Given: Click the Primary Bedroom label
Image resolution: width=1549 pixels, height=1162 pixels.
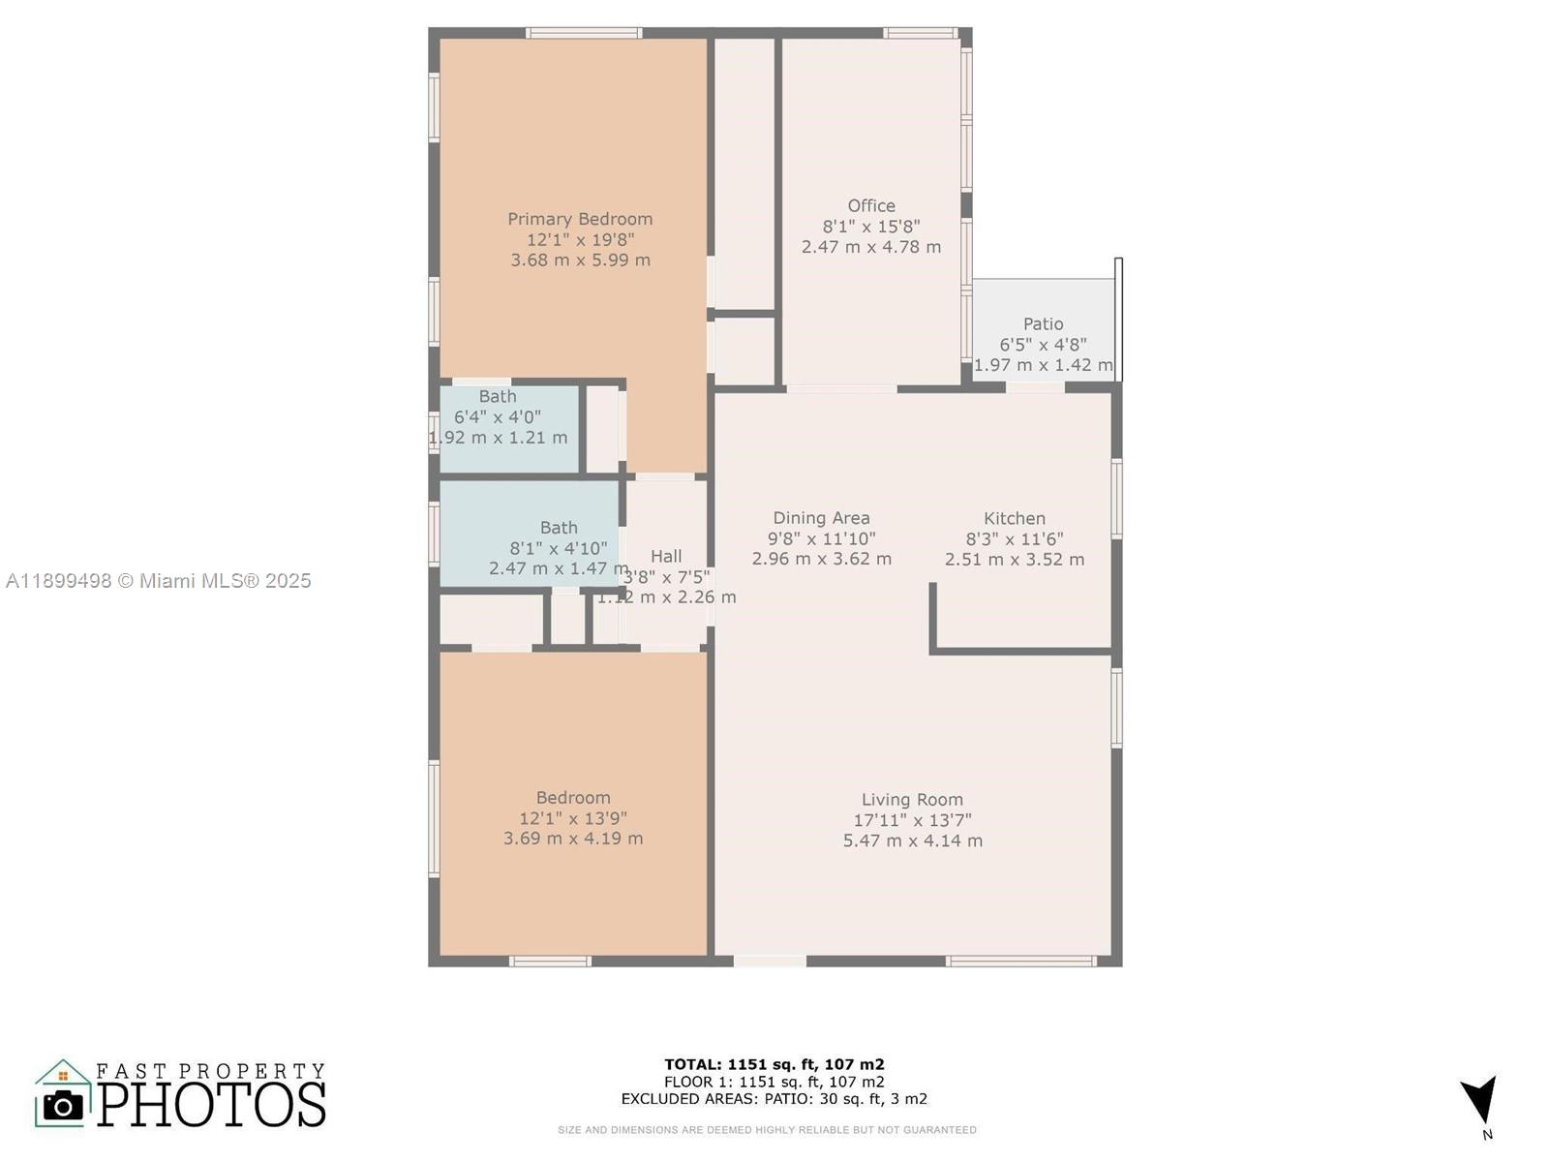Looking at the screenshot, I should (x=580, y=219).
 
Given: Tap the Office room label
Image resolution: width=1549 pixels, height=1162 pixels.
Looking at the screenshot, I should (x=871, y=205).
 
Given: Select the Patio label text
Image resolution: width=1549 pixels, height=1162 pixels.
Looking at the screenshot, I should (x=1043, y=323).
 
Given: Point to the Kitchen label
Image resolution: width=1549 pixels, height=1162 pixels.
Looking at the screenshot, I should (x=1014, y=518).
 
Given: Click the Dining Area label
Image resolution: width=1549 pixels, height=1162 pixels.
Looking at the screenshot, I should (x=821, y=518).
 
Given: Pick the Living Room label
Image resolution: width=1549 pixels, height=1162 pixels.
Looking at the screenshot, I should (x=912, y=799).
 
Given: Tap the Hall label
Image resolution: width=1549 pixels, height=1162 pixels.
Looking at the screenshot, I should (x=666, y=556).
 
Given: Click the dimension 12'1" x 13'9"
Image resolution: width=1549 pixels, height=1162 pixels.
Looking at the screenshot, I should (x=573, y=818).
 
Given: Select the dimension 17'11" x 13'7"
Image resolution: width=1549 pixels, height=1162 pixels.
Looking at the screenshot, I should (x=912, y=820).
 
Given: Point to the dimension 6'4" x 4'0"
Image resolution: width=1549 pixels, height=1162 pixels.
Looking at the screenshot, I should (x=498, y=416).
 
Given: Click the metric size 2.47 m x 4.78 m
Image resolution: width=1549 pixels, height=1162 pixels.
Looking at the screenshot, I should (x=871, y=247).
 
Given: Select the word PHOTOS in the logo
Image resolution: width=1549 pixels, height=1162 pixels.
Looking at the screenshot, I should (x=211, y=1105).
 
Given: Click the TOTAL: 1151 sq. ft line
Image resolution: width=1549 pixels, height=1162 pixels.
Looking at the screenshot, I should (x=774, y=1064).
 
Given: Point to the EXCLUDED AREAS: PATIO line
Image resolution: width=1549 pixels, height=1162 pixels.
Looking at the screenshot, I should (x=774, y=1099).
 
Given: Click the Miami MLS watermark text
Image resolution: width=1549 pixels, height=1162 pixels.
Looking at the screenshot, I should (x=159, y=581).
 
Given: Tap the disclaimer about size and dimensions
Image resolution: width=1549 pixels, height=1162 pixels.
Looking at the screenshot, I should (x=767, y=1130).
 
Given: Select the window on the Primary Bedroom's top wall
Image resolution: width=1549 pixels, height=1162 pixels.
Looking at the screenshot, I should (x=584, y=33).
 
